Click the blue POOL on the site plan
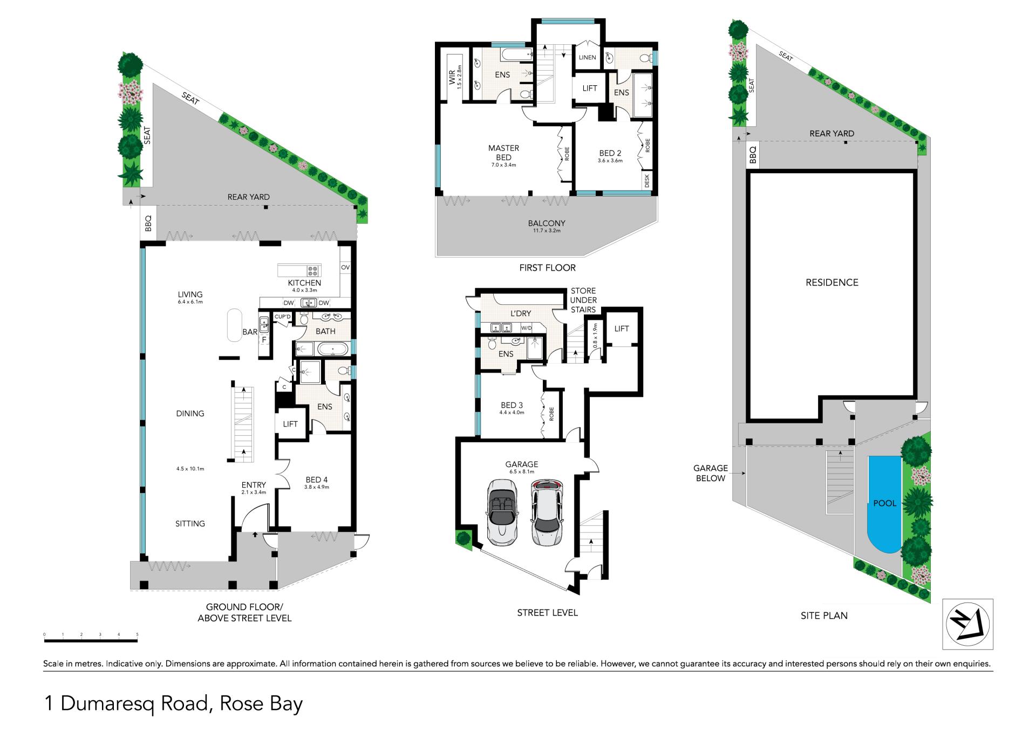click(x=884, y=504)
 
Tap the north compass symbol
click(x=967, y=624)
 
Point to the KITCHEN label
click(x=304, y=283)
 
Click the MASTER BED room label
click(x=503, y=153)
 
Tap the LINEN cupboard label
click(x=588, y=58)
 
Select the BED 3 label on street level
click(x=512, y=405)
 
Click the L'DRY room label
click(x=521, y=313)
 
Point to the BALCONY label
click(x=547, y=223)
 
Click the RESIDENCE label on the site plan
click(x=831, y=282)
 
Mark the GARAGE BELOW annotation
click(x=711, y=473)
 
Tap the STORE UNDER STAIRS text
click(x=583, y=300)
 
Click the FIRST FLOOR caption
click(x=547, y=268)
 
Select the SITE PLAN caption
click(x=824, y=615)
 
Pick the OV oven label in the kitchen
click(x=345, y=267)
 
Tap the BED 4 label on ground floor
click(x=316, y=480)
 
